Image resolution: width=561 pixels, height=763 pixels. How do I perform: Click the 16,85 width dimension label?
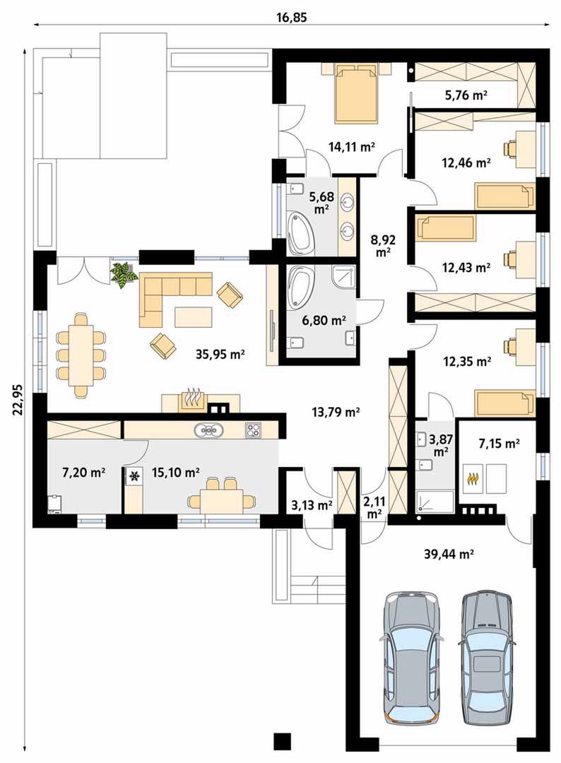click(292, 18)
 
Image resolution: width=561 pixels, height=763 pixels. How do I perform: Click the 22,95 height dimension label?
click(18, 399)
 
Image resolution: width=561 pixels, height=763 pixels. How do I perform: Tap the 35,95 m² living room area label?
click(220, 354)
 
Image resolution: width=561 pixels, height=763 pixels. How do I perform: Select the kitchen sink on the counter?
click(209, 430)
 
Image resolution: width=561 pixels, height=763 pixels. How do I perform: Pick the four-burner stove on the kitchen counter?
click(253, 430)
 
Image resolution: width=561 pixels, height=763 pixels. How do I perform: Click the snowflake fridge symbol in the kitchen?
click(134, 476)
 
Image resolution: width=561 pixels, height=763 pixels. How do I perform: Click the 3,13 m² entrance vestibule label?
click(312, 505)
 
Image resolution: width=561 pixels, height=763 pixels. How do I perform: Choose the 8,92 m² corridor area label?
click(383, 245)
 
